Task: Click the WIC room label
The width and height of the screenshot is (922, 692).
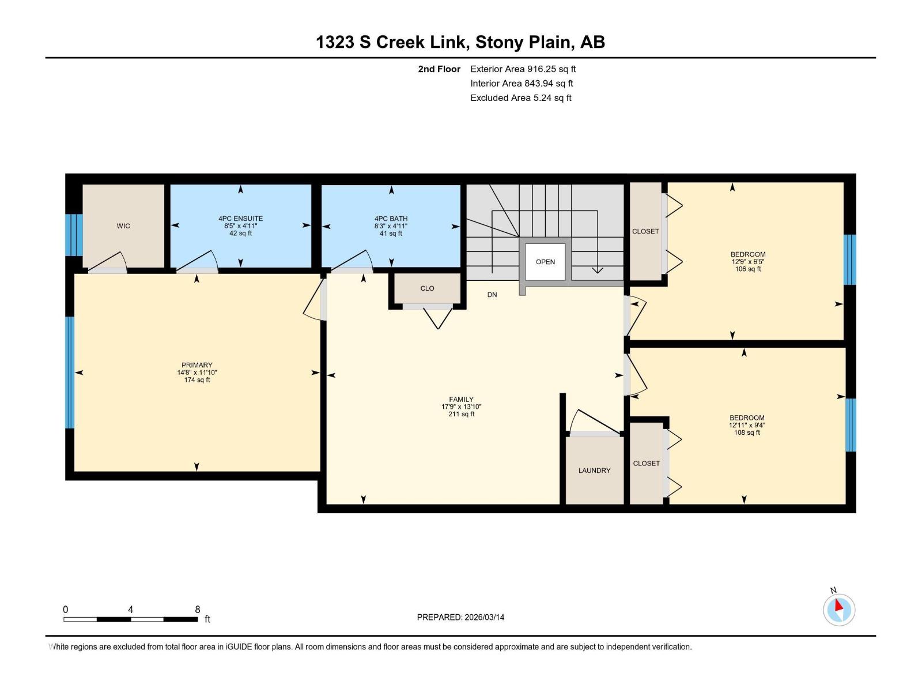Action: pos(123,226)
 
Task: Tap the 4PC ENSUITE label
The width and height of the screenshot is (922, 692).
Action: pos(240,219)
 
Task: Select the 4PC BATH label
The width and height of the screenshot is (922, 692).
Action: pos(391,219)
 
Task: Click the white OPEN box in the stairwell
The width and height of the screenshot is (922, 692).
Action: pos(545,262)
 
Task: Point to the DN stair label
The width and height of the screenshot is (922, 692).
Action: pos(492,295)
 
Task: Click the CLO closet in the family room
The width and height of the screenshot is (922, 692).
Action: pos(427,288)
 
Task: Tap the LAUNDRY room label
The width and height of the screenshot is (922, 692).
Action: pos(594,471)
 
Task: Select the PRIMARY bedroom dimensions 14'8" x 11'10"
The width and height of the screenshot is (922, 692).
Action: pos(197,373)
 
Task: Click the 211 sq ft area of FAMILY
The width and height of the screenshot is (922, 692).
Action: pos(461,414)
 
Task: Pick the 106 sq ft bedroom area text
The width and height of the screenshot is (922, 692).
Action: pos(747,269)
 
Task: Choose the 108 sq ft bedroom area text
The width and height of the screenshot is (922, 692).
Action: pos(747,432)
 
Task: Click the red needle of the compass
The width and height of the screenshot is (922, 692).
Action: pos(838,605)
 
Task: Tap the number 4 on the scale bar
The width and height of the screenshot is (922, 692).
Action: pos(131,610)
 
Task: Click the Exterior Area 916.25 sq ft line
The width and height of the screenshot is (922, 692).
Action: pos(523,69)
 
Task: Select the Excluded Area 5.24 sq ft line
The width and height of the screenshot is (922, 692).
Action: pos(521,98)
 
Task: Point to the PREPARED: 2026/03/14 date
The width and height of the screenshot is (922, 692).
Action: pos(460,617)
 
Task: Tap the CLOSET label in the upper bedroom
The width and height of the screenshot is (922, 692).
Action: pos(645,231)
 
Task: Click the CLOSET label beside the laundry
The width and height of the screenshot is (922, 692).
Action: pos(647,464)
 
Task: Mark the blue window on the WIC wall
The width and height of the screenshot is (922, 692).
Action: pos(74,235)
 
